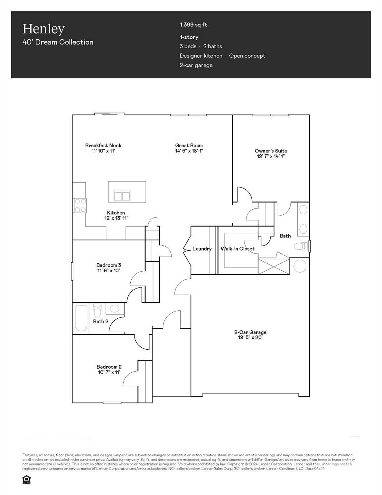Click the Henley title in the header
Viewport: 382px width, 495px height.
pos(43,29)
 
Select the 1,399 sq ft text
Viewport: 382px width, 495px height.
pos(193,25)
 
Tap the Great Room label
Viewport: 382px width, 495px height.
pos(189,145)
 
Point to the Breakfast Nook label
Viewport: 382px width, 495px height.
pos(103,145)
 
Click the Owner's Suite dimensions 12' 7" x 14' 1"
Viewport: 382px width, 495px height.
pos(270,156)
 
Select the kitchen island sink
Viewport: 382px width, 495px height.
pos(122,196)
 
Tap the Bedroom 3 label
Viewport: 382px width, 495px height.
pos(108,265)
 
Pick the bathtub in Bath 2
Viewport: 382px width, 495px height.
pos(81,318)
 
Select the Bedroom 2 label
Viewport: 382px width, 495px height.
pos(109,367)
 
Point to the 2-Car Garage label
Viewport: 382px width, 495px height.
pos(250,332)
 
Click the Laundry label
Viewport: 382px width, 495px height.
pos(202,249)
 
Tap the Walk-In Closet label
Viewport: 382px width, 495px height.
pos(238,249)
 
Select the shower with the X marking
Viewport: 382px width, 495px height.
pos(274,266)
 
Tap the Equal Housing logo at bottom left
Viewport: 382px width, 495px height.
pos(26,480)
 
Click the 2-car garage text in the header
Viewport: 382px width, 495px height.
pos(196,65)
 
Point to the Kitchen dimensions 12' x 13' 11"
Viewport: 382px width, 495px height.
pos(116,218)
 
